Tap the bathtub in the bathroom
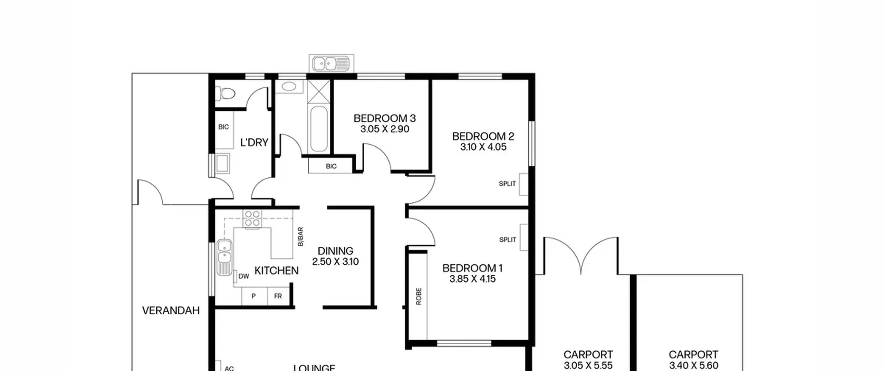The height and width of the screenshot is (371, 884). [x=319, y=129]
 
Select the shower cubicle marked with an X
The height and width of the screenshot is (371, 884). [x=319, y=91]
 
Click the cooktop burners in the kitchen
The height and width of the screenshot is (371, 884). [x=252, y=219]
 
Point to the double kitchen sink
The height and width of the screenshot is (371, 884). [x=224, y=257]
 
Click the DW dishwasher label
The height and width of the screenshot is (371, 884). [x=244, y=276]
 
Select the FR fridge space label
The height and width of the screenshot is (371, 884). [x=278, y=296]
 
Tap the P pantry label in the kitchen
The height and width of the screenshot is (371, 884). [x=253, y=296]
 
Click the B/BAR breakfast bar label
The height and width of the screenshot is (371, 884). [x=300, y=236]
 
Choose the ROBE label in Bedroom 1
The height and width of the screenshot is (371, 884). [x=419, y=296]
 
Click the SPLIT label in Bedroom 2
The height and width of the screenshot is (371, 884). [x=507, y=184]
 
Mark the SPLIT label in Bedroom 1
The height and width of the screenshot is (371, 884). [x=508, y=240]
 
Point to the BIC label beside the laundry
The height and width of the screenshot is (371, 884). [x=223, y=127]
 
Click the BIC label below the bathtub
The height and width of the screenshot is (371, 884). [x=331, y=166]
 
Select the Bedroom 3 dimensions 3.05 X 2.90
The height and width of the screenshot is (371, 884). [x=385, y=129]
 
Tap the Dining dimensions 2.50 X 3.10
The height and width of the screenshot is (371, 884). [x=335, y=262]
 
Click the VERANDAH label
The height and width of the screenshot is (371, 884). [x=171, y=311]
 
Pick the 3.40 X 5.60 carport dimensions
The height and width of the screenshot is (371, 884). [x=693, y=365]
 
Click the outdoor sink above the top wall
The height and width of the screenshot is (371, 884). [x=331, y=64]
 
